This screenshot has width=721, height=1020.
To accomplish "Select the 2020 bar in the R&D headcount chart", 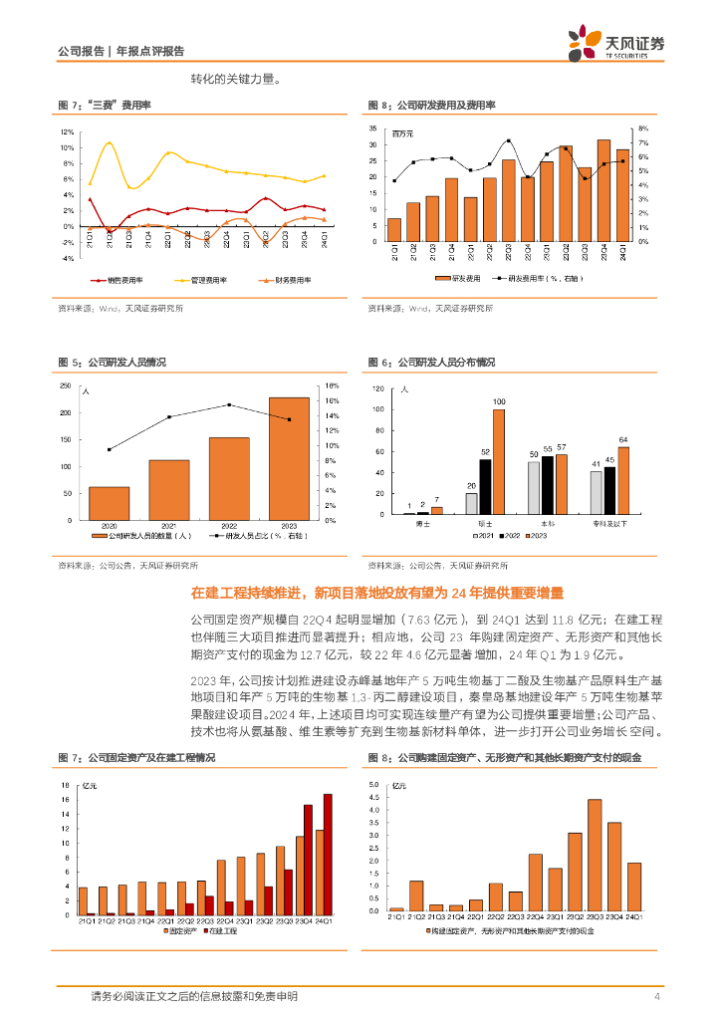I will pos(109,503).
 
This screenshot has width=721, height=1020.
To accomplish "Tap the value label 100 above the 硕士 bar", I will pos(498,401).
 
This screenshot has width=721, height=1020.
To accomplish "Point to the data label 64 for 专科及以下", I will pos(623,439).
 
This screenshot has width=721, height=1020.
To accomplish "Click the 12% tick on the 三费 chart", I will pos(67,132).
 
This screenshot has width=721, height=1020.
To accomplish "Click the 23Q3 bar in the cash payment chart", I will pos(594,855).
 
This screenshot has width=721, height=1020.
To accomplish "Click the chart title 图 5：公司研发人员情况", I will pos(112,362).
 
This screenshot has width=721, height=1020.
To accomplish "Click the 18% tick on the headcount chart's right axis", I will pos(333,385).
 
